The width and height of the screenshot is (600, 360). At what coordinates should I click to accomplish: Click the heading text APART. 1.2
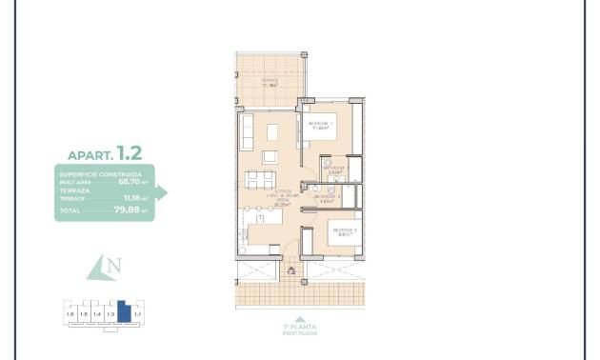[104, 152]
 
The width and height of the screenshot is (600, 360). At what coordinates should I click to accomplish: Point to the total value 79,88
[128, 210]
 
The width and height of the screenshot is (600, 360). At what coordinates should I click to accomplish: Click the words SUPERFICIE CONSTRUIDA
[100, 174]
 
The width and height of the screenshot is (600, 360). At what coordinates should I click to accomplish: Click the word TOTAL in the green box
[70, 210]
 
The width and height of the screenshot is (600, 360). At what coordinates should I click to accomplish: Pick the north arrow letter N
[114, 267]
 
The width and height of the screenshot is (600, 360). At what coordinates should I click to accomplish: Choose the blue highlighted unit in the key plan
[123, 312]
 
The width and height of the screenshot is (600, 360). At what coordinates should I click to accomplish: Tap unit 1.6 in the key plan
[70, 313]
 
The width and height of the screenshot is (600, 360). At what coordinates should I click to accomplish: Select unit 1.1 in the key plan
[137, 313]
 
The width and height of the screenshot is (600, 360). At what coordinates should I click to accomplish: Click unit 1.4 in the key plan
[96, 313]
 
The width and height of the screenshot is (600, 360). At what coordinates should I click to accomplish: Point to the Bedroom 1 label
[319, 125]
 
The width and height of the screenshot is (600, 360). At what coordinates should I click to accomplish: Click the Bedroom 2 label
[344, 231]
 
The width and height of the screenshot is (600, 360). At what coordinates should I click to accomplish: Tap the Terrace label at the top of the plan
[270, 82]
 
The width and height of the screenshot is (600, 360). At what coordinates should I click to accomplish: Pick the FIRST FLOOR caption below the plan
[300, 333]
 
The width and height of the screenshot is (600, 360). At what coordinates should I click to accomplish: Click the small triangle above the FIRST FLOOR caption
[300, 319]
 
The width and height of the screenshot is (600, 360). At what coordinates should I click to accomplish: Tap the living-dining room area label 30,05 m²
[282, 204]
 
